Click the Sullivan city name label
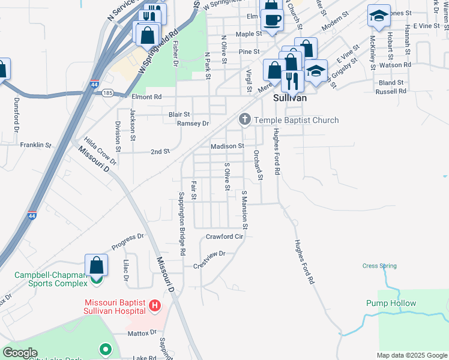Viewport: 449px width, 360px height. (x=289, y=97)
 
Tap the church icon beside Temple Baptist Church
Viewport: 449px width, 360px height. (x=244, y=120)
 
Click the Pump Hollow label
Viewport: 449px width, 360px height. (x=391, y=303)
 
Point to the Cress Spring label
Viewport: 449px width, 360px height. (x=379, y=266)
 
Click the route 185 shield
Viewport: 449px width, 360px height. (x=107, y=93)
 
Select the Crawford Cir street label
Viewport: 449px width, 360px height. (x=224, y=236)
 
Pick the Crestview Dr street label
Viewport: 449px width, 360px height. (x=209, y=254)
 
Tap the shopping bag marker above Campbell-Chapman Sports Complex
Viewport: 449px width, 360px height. (x=96, y=266)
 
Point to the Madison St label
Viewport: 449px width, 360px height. (x=228, y=146)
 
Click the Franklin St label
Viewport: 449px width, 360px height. (x=35, y=145)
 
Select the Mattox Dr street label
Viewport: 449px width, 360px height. (x=142, y=332)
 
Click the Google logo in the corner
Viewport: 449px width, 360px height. (x=20, y=353)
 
